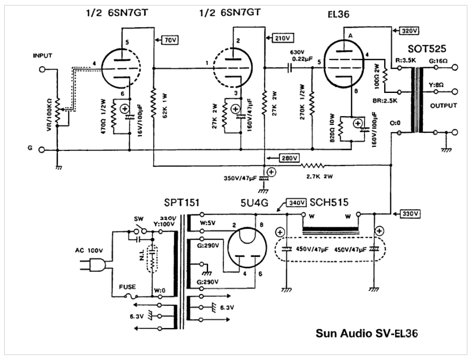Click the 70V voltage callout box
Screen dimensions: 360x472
coord(169,40)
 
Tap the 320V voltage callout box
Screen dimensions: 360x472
coord(408,31)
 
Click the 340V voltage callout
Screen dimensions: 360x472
coord(295,204)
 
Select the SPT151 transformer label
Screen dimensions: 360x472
coord(181,202)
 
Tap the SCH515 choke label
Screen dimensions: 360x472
coord(329,202)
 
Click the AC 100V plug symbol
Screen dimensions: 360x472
coord(98,266)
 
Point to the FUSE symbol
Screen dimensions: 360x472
coord(131,296)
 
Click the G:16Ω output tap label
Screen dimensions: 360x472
coord(438,61)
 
